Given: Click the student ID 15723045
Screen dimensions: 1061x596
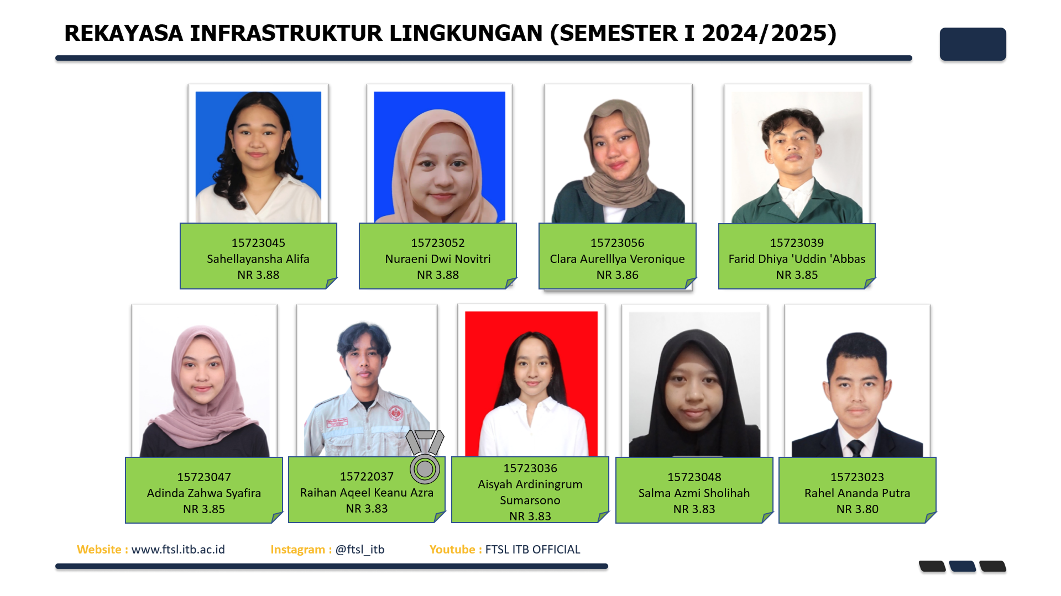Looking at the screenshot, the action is coord(258,243).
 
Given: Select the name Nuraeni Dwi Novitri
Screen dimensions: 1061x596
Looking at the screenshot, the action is coord(438,259).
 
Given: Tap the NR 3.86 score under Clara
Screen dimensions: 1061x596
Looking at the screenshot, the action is coord(618,275).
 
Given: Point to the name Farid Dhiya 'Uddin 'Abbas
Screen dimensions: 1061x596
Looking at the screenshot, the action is coord(797,259).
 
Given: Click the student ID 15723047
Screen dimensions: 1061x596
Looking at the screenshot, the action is coord(204,477).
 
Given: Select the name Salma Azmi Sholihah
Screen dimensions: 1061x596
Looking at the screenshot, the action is coord(694,493).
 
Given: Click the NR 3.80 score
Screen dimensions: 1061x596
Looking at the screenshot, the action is coord(857,509).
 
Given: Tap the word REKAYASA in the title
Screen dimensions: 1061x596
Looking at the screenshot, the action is coord(123,34).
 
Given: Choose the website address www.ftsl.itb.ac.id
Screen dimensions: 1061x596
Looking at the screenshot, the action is coord(178,550).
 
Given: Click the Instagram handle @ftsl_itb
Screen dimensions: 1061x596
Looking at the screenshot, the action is coord(360,550).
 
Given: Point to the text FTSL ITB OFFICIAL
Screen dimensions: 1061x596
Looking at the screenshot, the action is coord(532,550).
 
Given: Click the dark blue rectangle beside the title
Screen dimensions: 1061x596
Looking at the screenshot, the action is coord(973,44).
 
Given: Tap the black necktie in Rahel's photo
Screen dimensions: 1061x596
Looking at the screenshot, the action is coord(856,448).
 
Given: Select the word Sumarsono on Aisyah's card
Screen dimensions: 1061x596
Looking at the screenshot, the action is coord(530,500).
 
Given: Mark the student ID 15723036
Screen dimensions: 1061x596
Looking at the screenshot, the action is coord(530,468).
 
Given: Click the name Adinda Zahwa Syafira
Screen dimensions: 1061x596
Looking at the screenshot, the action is coord(204,493).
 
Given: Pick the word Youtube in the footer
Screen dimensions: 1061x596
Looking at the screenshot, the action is coord(452,550).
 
